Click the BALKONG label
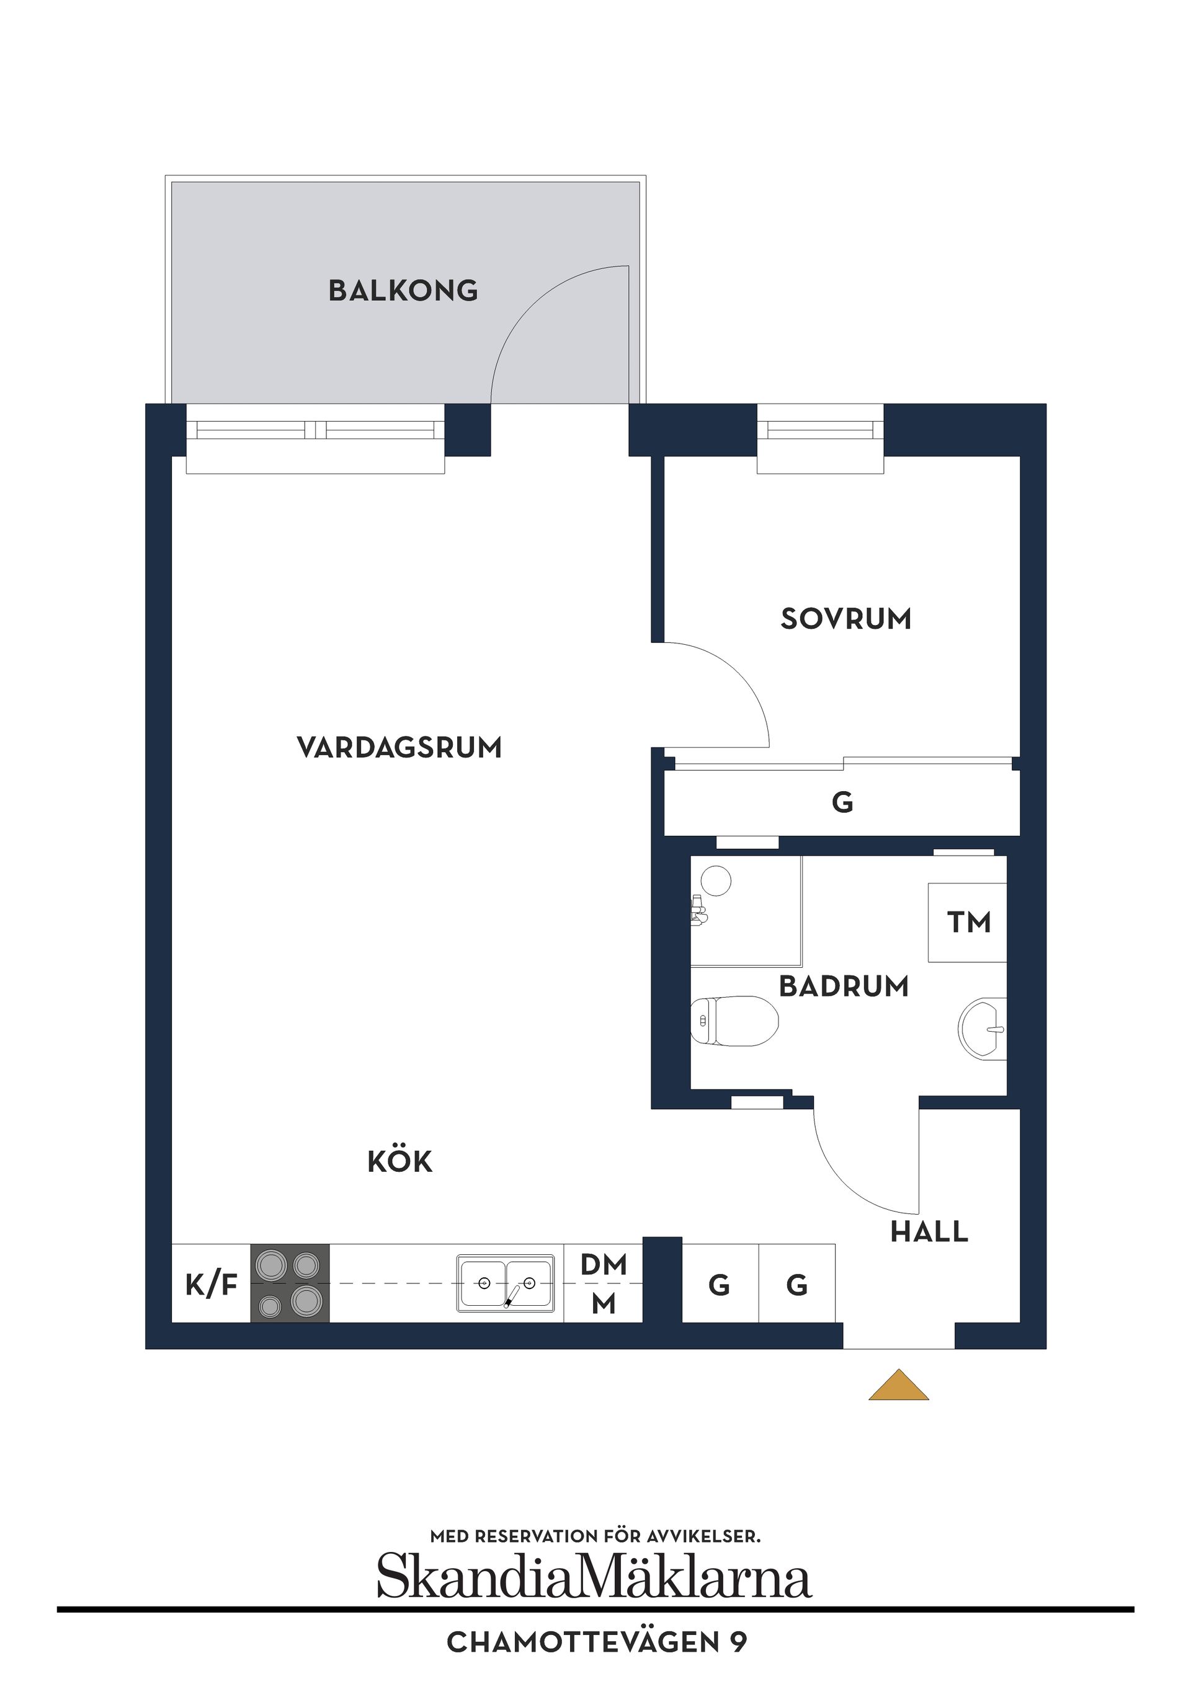(403, 290)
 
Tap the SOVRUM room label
(845, 618)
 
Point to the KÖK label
(400, 1161)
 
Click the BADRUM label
(844, 986)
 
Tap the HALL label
(929, 1231)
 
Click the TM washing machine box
(968, 922)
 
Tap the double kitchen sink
(506, 1283)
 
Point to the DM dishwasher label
(603, 1264)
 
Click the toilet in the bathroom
(734, 1020)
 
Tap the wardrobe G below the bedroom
(842, 802)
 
